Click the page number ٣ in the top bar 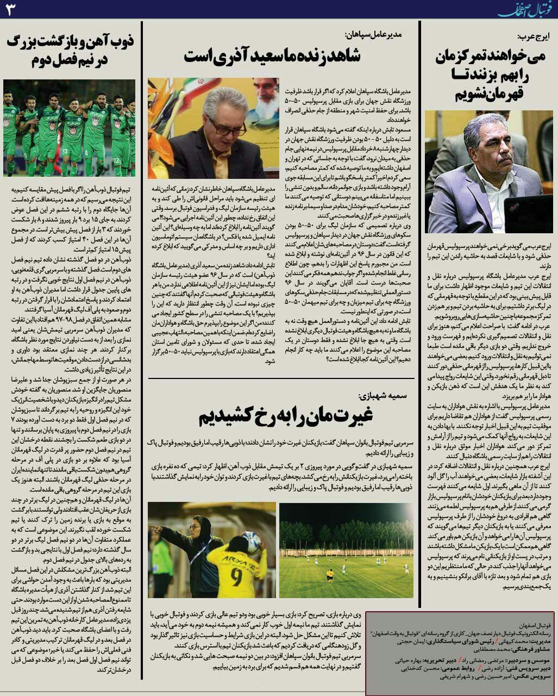click(10, 10)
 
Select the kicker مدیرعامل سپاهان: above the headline click(373, 34)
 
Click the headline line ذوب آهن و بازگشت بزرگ click(70, 41)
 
